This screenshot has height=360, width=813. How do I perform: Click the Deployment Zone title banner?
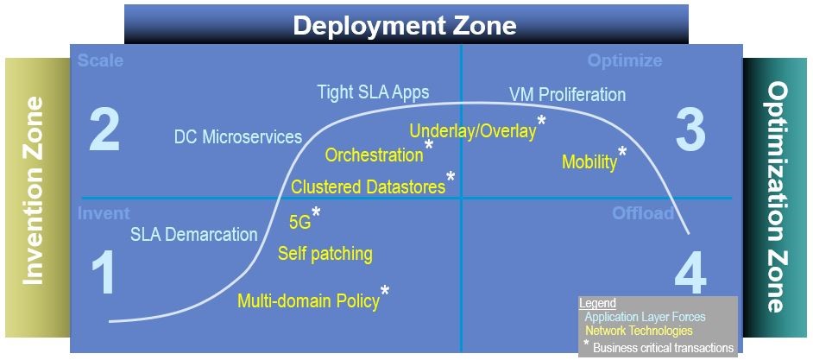(x=406, y=24)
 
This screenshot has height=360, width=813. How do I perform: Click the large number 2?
(x=104, y=131)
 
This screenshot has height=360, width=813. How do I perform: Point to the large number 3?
(x=690, y=131)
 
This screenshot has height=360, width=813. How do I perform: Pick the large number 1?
(x=103, y=275)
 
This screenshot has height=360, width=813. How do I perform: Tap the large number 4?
(x=690, y=276)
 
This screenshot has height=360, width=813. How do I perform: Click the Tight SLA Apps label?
(x=373, y=92)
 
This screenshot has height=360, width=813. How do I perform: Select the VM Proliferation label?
(x=567, y=94)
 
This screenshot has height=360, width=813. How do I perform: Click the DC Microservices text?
(x=238, y=137)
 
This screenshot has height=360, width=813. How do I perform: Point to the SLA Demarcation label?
(x=193, y=234)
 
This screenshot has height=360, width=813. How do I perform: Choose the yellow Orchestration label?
(x=374, y=155)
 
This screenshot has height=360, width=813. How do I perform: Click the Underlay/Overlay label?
(x=472, y=131)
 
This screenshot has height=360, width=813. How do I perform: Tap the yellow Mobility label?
(x=589, y=161)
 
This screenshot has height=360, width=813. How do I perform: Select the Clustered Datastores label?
(x=368, y=186)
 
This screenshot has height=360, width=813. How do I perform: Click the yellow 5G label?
(x=299, y=221)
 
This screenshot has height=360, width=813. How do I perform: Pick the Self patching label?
(x=325, y=254)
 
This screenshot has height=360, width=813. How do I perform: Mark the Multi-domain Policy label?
(x=308, y=301)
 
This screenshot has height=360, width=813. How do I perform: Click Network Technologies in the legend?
(x=638, y=331)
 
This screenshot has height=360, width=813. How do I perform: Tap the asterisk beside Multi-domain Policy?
(x=385, y=291)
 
